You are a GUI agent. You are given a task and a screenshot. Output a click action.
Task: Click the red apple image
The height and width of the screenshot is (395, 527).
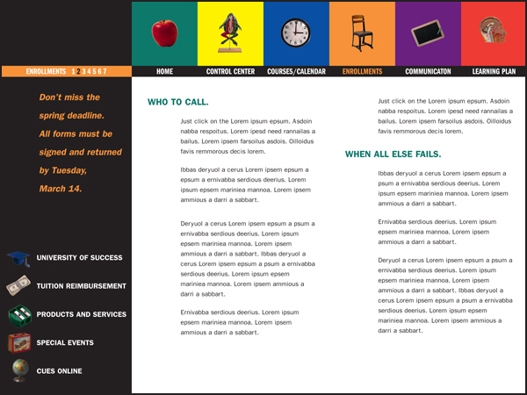164,32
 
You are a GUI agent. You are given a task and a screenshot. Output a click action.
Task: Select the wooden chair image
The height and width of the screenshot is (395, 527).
361,33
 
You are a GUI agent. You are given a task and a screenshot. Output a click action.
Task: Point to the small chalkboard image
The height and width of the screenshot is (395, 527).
428,34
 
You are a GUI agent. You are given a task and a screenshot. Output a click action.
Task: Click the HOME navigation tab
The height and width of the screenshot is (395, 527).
164,71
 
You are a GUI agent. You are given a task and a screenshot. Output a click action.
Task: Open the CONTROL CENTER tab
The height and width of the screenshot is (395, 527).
230,71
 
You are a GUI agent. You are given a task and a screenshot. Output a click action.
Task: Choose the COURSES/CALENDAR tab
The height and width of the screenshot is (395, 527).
296,71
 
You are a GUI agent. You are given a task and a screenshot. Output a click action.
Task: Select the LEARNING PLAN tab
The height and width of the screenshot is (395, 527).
494,71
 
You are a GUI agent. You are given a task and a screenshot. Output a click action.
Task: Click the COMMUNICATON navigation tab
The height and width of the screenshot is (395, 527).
428,71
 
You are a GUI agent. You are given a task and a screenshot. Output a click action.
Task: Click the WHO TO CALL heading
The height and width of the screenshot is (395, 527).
178,103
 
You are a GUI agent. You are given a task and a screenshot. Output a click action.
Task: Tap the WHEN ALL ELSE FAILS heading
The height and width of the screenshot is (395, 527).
393,154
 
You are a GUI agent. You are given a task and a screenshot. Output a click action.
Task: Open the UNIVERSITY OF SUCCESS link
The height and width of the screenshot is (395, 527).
79,258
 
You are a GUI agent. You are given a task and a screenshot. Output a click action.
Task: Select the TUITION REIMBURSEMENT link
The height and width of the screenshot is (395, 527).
82,286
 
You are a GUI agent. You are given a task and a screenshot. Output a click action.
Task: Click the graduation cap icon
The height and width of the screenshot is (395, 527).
18,259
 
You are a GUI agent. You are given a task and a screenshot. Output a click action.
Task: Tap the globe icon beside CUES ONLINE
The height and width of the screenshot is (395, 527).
18,371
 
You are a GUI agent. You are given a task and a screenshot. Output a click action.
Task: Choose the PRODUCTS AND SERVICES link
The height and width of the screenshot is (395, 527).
82,314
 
